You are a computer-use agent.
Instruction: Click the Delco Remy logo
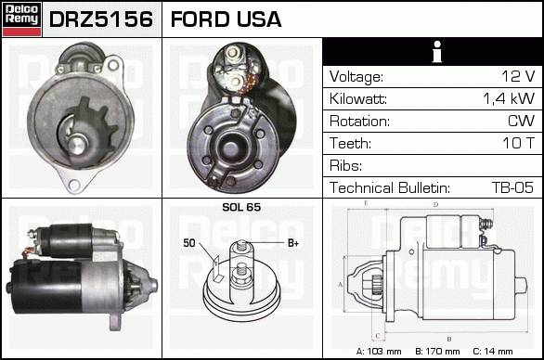coord(22,19)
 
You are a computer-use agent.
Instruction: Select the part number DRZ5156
coord(101,19)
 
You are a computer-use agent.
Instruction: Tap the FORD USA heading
coord(226,19)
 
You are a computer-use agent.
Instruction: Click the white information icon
coord(437,52)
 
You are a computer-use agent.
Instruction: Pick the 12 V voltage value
coord(518,76)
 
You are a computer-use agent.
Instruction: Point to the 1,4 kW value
coord(509,98)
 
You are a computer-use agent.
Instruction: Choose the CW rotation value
coord(521,121)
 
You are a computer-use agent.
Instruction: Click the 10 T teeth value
coord(519,143)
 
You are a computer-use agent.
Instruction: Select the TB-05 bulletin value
coord(512,187)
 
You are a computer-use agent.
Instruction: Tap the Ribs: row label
coord(345,165)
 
